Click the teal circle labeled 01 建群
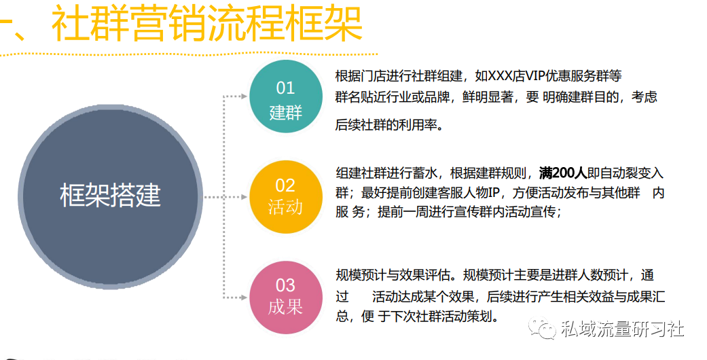286,96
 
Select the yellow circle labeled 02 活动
286,197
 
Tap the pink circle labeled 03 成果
286,298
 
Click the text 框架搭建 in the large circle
111,196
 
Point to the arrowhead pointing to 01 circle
244,96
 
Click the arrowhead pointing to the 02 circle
244,197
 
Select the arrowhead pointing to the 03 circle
244,298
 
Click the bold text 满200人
563,173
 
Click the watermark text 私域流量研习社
623,329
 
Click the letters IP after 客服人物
494,193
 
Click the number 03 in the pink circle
285,285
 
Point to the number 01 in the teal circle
285,88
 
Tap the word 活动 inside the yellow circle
285,208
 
